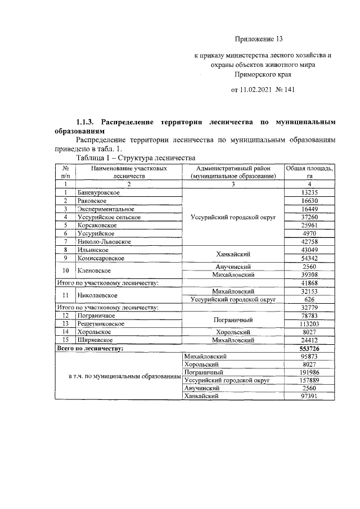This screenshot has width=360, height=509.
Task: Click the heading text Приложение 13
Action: click(258, 39)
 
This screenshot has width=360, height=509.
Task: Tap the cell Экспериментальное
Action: click(106, 209)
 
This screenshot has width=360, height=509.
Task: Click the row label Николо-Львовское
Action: click(104, 241)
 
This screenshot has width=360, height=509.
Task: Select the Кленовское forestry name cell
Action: click(94, 271)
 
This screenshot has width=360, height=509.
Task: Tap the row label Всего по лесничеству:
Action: click(91, 349)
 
